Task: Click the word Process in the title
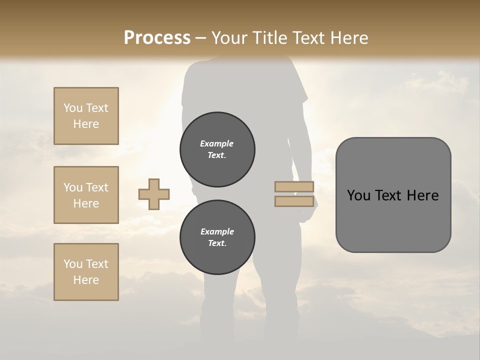click(157, 37)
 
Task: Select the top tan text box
click(86, 116)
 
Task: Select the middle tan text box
click(86, 195)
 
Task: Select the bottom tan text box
click(86, 272)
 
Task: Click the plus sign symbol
click(154, 194)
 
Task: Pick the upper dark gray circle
click(217, 149)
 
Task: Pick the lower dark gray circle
click(217, 237)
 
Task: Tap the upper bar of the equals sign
click(294, 186)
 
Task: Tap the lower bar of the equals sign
click(294, 201)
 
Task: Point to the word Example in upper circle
click(216, 143)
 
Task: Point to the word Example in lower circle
click(217, 231)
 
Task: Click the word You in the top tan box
click(73, 108)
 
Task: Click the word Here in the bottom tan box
click(86, 280)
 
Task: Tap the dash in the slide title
click(200, 38)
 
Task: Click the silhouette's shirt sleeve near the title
click(298, 90)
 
